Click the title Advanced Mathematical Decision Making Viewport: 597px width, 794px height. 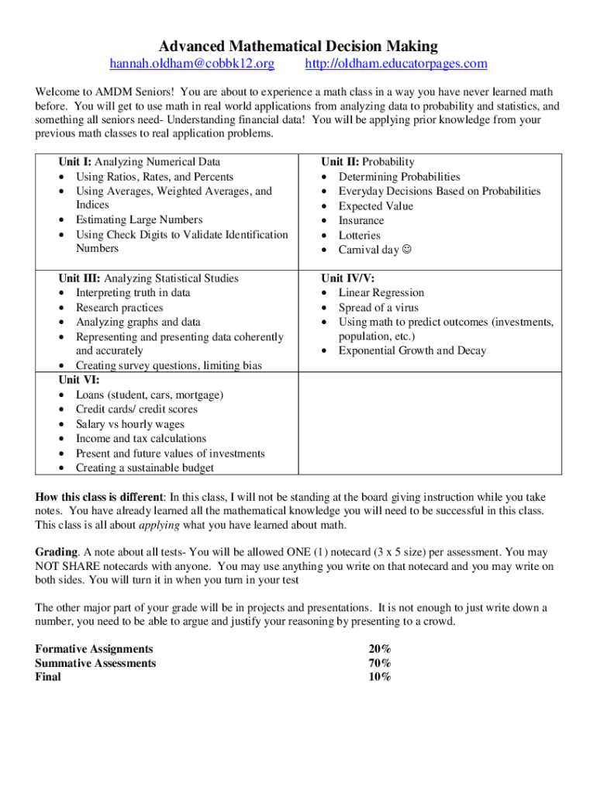pyautogui.click(x=298, y=47)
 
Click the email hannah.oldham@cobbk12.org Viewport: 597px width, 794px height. pyautogui.click(x=192, y=64)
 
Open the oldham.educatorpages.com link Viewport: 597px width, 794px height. pyautogui.click(x=396, y=64)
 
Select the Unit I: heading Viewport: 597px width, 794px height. pyautogui.click(x=74, y=162)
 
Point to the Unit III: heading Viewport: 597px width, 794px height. pyautogui.click(x=80, y=278)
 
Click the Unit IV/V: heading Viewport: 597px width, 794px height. pyautogui.click(x=348, y=278)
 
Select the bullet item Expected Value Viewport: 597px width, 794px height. pyautogui.click(x=375, y=206)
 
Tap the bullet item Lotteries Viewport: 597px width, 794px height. pyautogui.click(x=359, y=235)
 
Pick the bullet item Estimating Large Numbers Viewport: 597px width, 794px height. pyautogui.click(x=139, y=220)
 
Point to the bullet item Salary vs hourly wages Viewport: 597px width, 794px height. pyautogui.click(x=129, y=424)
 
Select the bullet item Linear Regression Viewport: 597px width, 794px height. pyautogui.click(x=381, y=293)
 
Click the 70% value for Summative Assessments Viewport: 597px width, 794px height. pyautogui.click(x=380, y=663)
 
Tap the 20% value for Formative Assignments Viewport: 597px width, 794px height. pyautogui.click(x=380, y=649)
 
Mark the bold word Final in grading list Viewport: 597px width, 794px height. pyautogui.click(x=48, y=677)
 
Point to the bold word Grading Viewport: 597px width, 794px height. pyautogui.click(x=56, y=552)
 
